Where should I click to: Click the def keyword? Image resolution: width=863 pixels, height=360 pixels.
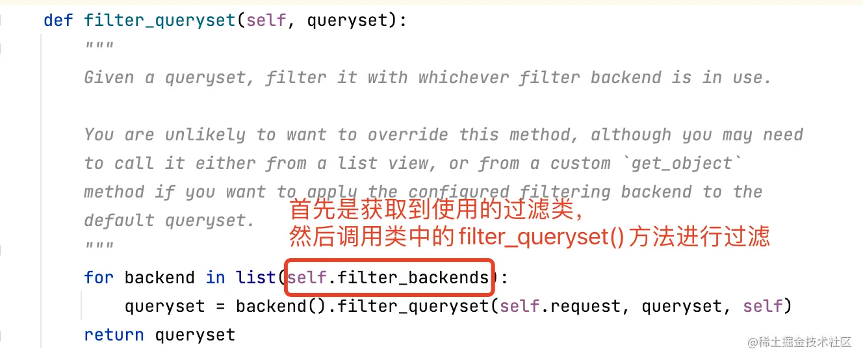pos(58,20)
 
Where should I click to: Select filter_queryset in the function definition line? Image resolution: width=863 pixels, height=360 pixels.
pos(160,20)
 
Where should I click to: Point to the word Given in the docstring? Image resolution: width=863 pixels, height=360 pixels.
pos(109,78)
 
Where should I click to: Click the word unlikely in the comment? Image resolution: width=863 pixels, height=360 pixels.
pos(205,135)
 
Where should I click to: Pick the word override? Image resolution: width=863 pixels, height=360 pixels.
pos(408,135)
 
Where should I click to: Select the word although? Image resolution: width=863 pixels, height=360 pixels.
pos(631,135)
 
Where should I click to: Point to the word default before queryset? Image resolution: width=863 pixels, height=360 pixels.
pos(119,221)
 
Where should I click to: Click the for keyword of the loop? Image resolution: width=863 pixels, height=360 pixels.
pos(99,278)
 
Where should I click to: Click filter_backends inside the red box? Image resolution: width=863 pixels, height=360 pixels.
pos(413,278)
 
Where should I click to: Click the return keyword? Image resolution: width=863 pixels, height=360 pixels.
pos(114,335)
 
